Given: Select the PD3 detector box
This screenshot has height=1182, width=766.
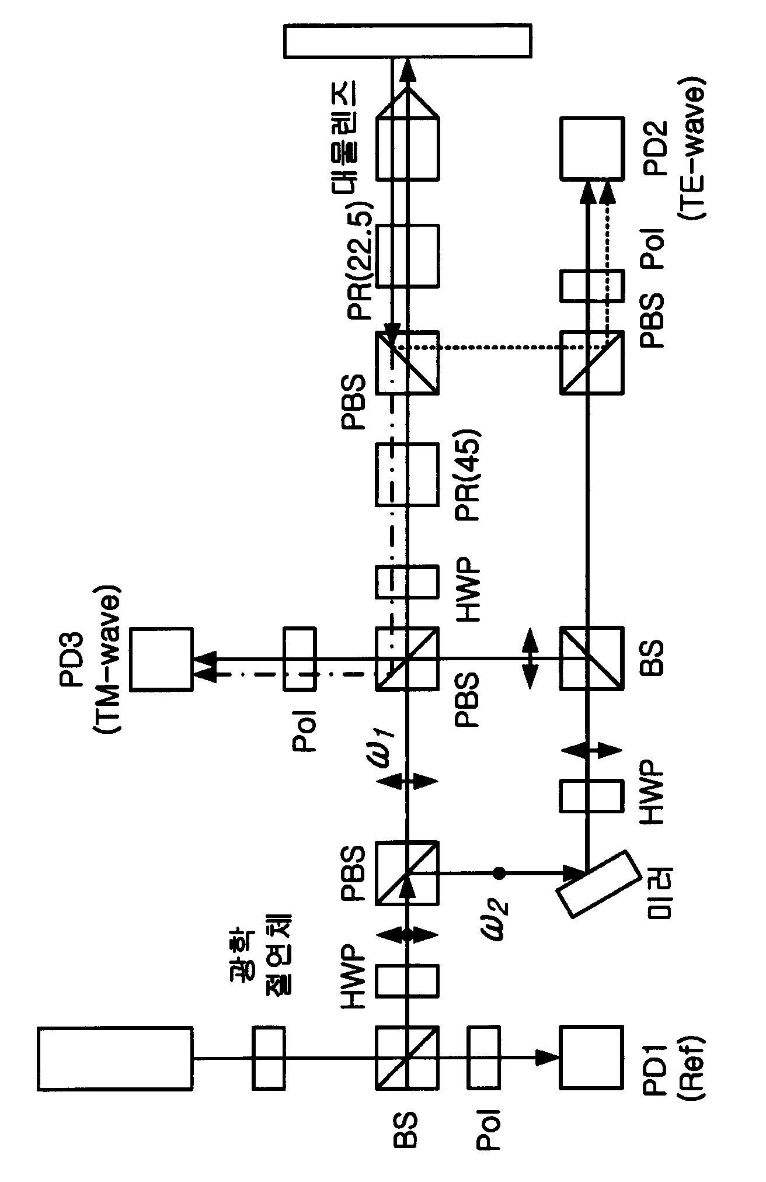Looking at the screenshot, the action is [161, 658].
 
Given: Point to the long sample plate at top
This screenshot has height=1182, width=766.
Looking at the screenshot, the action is [407, 41].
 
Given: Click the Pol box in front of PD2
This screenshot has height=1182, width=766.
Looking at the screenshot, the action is [591, 286].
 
